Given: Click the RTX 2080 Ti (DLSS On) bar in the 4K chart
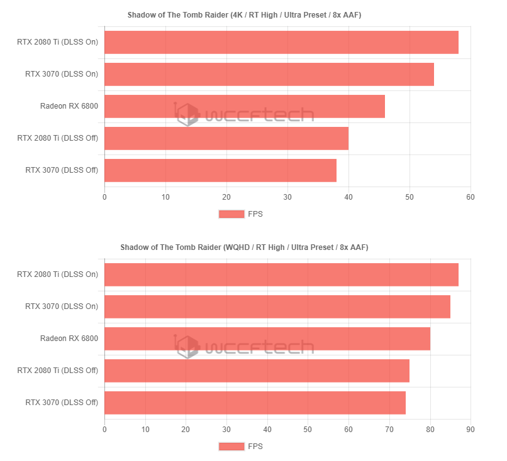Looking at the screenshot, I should (x=281, y=42).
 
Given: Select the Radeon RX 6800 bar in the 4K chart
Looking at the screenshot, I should (x=244, y=106).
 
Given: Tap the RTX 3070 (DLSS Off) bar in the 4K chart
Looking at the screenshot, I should (x=220, y=170).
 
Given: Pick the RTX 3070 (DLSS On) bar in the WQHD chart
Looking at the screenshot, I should (x=277, y=306).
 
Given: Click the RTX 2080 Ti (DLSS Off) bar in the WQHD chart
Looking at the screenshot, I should (x=257, y=371).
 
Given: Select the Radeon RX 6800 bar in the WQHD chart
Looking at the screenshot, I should (x=267, y=339).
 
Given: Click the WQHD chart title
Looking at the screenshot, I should (x=244, y=247).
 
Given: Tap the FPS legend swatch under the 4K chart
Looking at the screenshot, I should (x=231, y=214).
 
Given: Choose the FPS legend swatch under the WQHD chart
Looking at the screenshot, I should (x=231, y=447).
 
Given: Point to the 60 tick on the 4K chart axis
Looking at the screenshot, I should (x=470, y=197).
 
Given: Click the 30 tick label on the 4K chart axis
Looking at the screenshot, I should (x=287, y=197).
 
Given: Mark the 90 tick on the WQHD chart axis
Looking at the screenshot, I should (x=470, y=430).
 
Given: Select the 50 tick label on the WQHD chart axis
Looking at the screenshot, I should (x=308, y=430).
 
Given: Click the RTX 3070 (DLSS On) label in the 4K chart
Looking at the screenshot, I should (x=62, y=74).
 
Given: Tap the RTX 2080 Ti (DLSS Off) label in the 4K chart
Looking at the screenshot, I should (x=57, y=138).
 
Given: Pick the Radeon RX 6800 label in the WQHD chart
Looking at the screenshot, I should (x=69, y=339).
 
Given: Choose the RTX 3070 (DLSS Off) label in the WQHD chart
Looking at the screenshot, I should (x=62, y=403).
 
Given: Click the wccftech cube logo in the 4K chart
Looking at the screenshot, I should (x=187, y=114).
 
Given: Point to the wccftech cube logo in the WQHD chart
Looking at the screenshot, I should (x=187, y=347).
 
